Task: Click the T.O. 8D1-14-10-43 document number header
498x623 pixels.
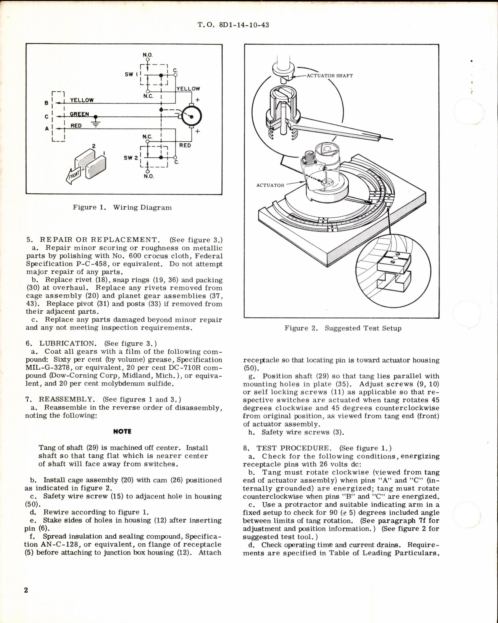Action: click(x=233, y=25)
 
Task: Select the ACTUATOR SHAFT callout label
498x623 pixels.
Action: click(x=329, y=76)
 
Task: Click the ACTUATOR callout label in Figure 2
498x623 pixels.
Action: click(x=270, y=185)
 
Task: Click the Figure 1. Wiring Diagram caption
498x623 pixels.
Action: click(x=122, y=207)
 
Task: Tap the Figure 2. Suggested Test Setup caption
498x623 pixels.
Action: click(x=343, y=328)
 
